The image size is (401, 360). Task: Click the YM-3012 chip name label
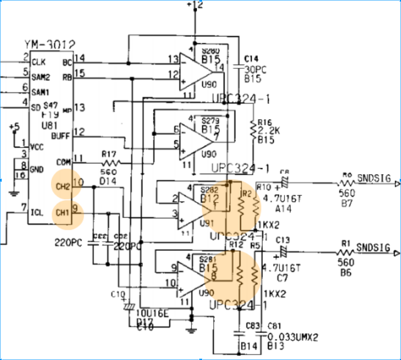tap(50, 44)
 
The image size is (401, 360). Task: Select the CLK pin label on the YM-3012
tap(39, 62)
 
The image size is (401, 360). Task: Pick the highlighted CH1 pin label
tap(63, 210)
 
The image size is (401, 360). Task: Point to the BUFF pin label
tap(61, 136)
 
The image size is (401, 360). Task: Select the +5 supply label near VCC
tap(14, 127)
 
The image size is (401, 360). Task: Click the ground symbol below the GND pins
tap(14, 194)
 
